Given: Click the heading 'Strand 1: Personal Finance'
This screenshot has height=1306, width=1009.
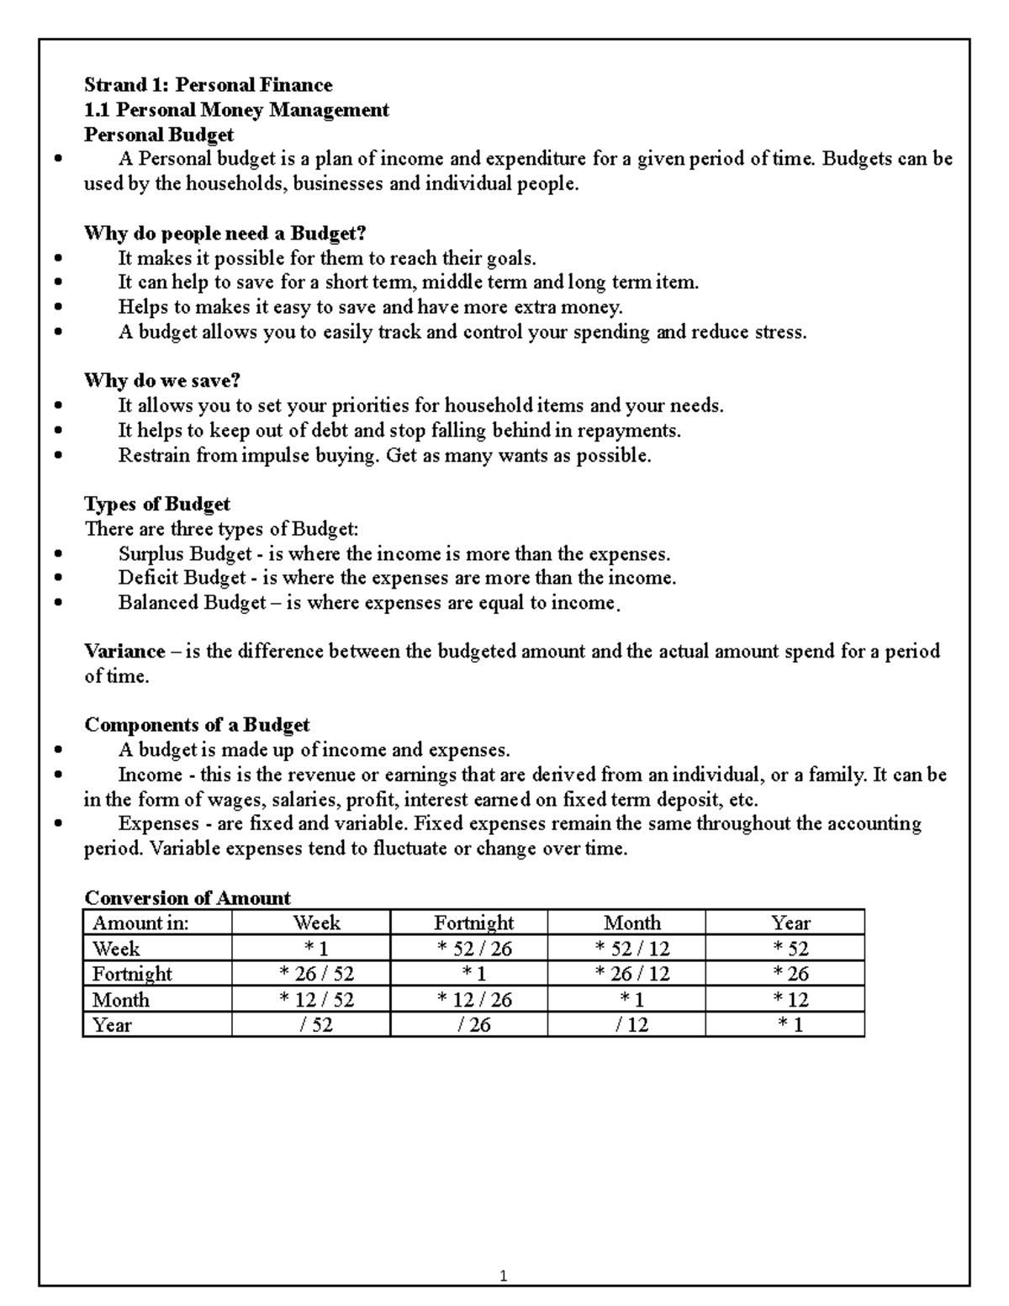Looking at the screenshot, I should [208, 85].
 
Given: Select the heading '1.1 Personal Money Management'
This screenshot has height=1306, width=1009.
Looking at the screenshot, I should [236, 109].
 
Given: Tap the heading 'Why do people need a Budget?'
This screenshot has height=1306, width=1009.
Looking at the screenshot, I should [225, 233].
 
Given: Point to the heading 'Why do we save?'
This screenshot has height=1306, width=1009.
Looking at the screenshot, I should [162, 380].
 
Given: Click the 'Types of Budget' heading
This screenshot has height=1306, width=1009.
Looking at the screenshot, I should [156, 504].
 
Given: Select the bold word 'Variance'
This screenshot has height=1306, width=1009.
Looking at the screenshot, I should [124, 651].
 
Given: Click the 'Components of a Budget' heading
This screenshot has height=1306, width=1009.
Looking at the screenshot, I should [197, 725].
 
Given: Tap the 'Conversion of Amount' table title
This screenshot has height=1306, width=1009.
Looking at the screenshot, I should [188, 897].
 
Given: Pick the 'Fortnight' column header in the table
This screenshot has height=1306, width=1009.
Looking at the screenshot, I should [473, 923].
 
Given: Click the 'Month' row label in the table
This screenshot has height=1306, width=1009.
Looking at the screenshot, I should [120, 999].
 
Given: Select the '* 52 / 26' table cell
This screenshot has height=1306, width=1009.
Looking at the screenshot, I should [473, 949].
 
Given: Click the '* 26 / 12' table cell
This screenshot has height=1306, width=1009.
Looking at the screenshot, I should [631, 974].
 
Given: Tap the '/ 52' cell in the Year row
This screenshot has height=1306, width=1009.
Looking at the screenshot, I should [315, 1024].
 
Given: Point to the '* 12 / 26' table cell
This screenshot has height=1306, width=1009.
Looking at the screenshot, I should [473, 999].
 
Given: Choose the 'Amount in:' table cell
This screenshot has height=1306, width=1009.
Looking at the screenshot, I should [140, 923].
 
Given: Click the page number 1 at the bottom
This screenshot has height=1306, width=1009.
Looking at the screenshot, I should [503, 1277].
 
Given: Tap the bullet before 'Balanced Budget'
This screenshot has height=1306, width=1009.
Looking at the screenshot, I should [57, 603].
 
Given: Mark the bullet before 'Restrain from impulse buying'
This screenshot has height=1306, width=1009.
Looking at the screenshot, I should [57, 456].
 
